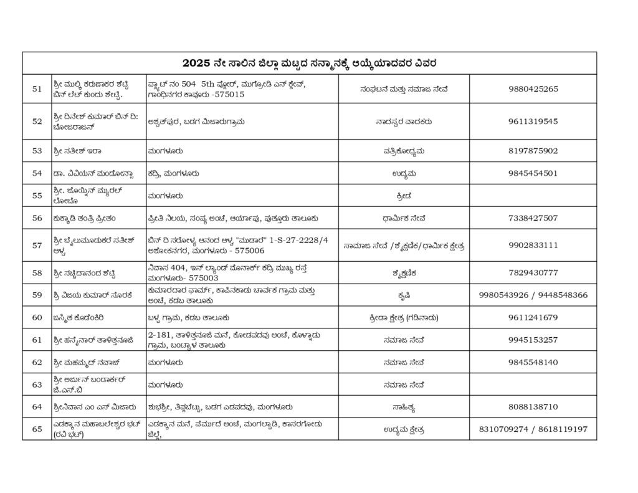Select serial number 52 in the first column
click(x=37, y=122)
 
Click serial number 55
click(x=37, y=195)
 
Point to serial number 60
click(x=37, y=317)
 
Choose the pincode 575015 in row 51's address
click(x=228, y=95)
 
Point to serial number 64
click(x=37, y=407)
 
